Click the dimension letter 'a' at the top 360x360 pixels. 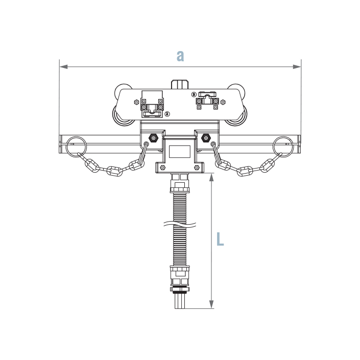[x=180, y=56]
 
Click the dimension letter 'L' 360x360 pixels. [x=220, y=239]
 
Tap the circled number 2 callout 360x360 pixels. [x=167, y=113]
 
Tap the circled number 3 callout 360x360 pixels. [x=194, y=94]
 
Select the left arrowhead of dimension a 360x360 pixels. [x=63, y=67]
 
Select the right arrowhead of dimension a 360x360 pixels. [x=297, y=67]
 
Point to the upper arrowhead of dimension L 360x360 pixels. [x=211, y=177]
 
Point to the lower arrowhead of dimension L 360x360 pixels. [x=211, y=304]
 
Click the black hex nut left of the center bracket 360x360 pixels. [x=153, y=138]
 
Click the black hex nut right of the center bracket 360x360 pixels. [x=206, y=138]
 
